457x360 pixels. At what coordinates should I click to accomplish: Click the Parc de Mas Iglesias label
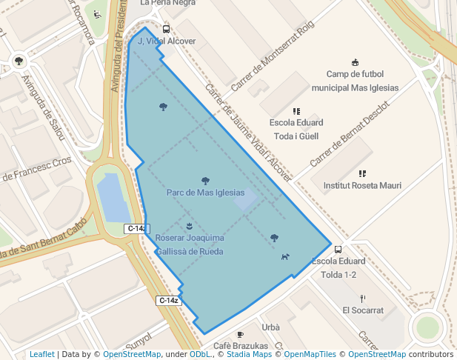pyautogui.click(x=205, y=193)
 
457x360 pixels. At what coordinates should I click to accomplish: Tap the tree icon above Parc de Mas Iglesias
pyautogui.click(x=205, y=180)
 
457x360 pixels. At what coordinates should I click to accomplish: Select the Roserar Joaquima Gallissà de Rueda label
pyautogui.click(x=190, y=244)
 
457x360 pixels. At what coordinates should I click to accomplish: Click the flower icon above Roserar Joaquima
pyautogui.click(x=190, y=225)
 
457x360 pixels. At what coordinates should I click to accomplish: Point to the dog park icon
pyautogui.click(x=285, y=256)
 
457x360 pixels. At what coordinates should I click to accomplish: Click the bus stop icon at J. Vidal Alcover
pyautogui.click(x=166, y=30)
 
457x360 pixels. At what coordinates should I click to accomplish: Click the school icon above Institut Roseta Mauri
pyautogui.click(x=362, y=173)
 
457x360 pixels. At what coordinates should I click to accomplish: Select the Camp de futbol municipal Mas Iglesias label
pyautogui.click(x=355, y=81)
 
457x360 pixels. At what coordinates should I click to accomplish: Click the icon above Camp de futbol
pyautogui.click(x=355, y=61)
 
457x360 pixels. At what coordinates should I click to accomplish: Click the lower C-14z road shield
pyautogui.click(x=169, y=300)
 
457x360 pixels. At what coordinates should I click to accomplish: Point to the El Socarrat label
pyautogui.click(x=363, y=310)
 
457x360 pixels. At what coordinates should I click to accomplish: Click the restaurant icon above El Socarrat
pyautogui.click(x=363, y=298)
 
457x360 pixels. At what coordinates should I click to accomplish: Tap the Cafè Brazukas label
pyautogui.click(x=240, y=346)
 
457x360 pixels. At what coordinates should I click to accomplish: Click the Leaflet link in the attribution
pyautogui.click(x=42, y=354)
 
